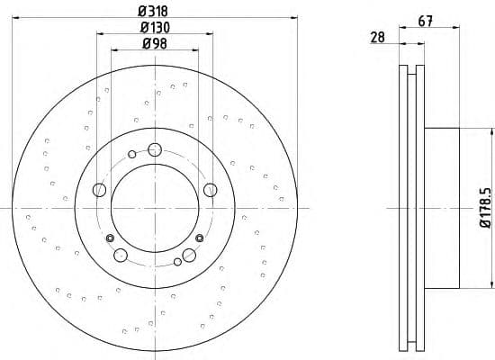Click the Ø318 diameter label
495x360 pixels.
coord(155,11)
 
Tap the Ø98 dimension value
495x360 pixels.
coord(155,43)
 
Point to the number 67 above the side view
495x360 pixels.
coord(426,22)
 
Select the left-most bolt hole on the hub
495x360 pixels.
coord(99,189)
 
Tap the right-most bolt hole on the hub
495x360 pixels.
coord(211,189)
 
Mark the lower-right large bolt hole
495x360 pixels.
coord(189,256)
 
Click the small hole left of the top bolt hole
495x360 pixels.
coord(132,155)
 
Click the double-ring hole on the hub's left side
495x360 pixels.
coord(111,238)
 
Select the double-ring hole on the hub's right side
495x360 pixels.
coord(198,238)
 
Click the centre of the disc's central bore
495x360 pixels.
coord(155,208)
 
